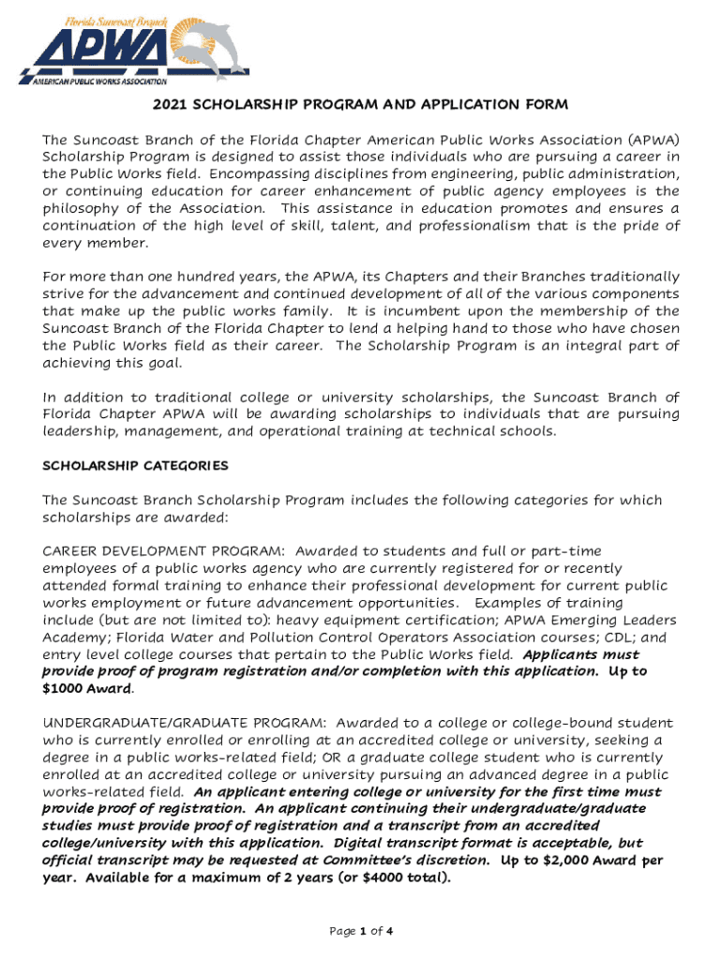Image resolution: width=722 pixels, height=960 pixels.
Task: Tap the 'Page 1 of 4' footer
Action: tap(360, 931)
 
